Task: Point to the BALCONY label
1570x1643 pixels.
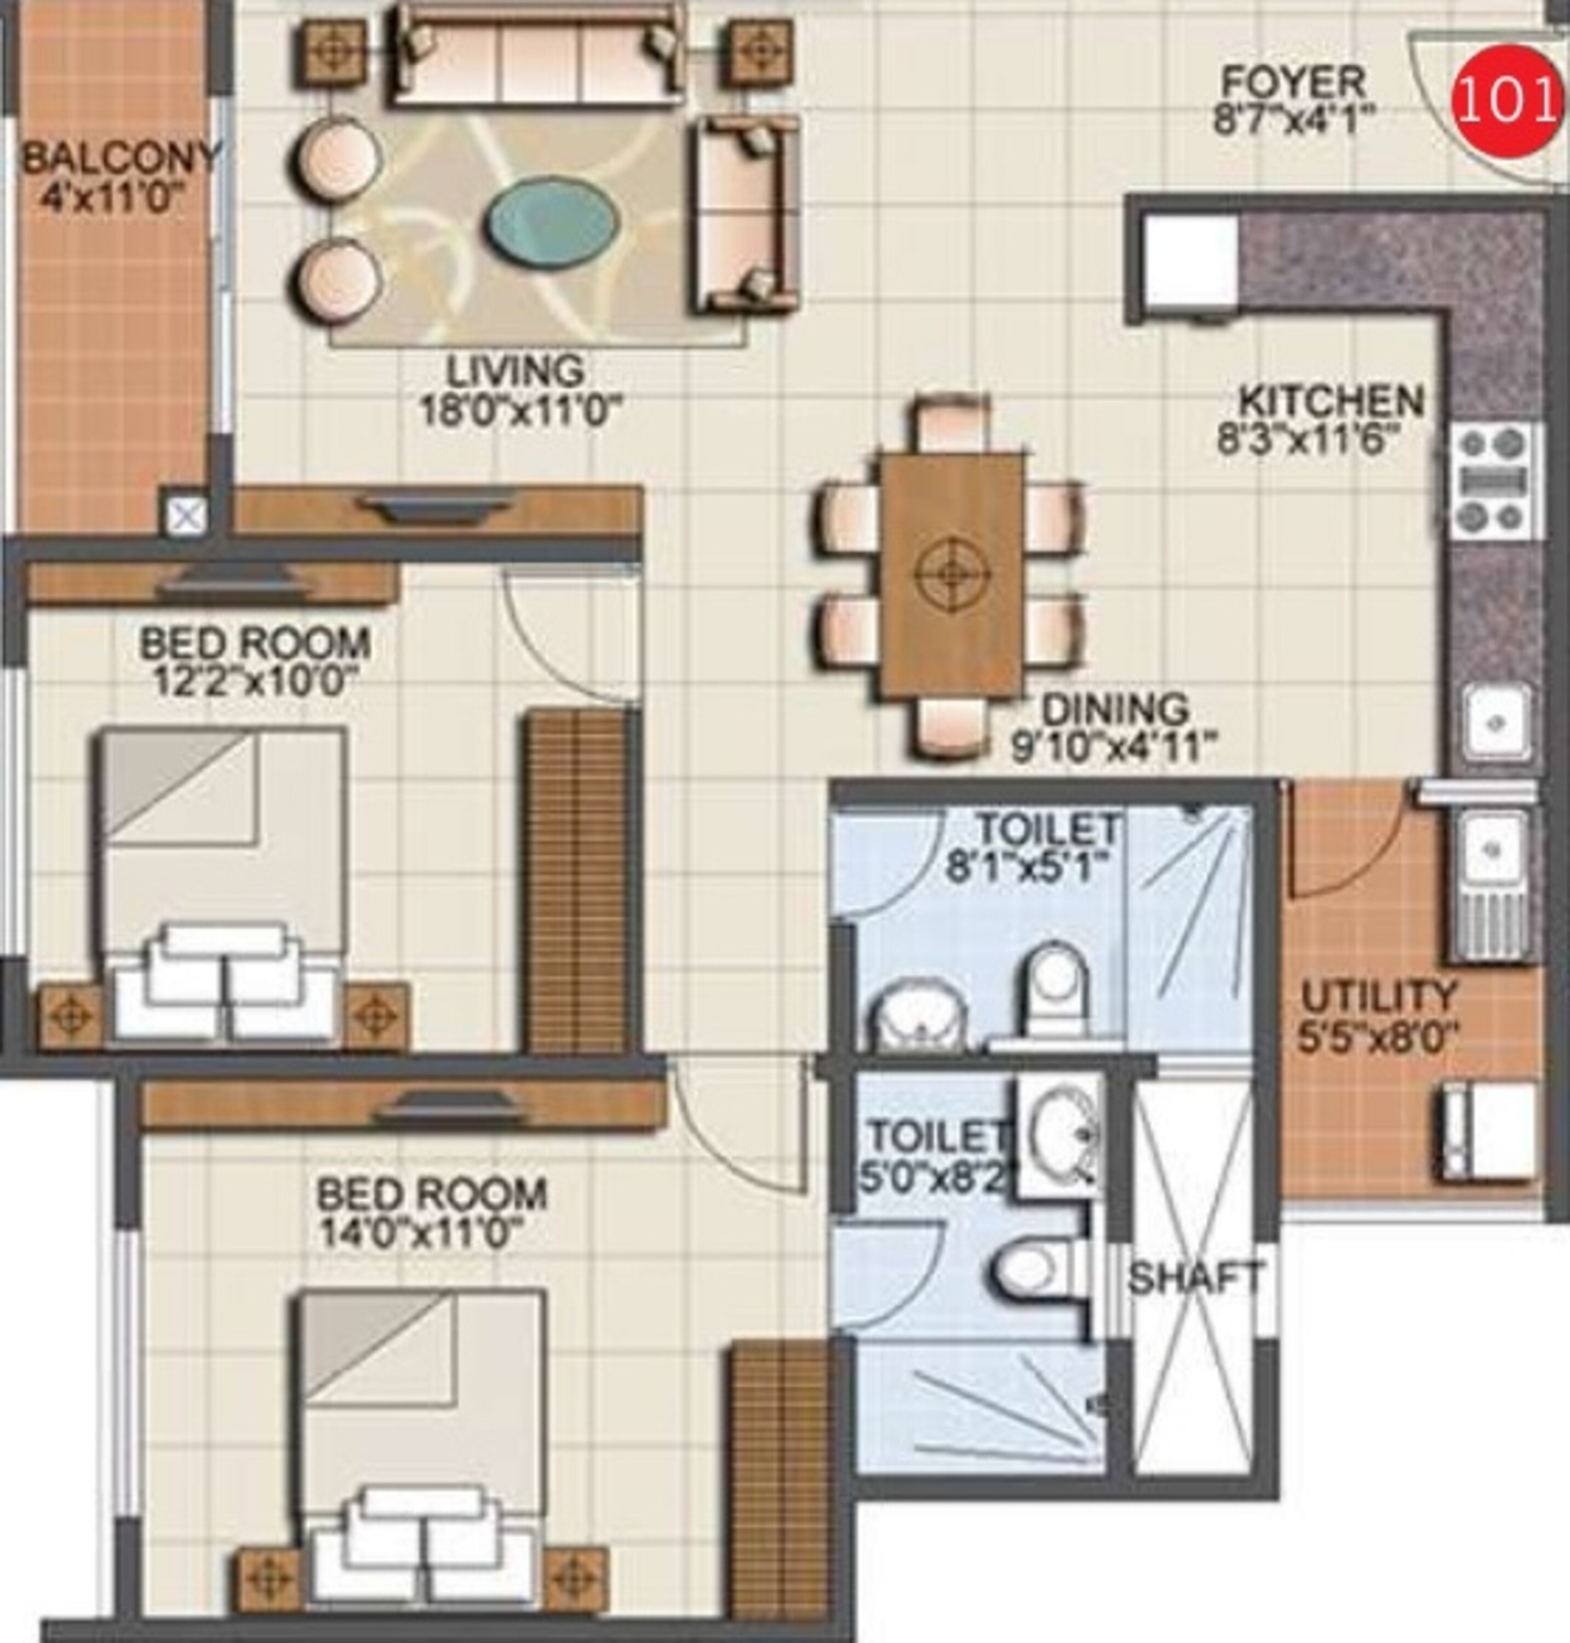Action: (x=119, y=157)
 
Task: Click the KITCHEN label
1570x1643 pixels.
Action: (x=1331, y=401)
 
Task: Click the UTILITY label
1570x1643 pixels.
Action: (x=1378, y=997)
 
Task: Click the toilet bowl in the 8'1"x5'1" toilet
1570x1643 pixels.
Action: (x=1056, y=987)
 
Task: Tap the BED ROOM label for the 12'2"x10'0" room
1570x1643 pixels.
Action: (x=255, y=644)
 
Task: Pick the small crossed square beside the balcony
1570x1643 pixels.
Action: (x=186, y=517)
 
